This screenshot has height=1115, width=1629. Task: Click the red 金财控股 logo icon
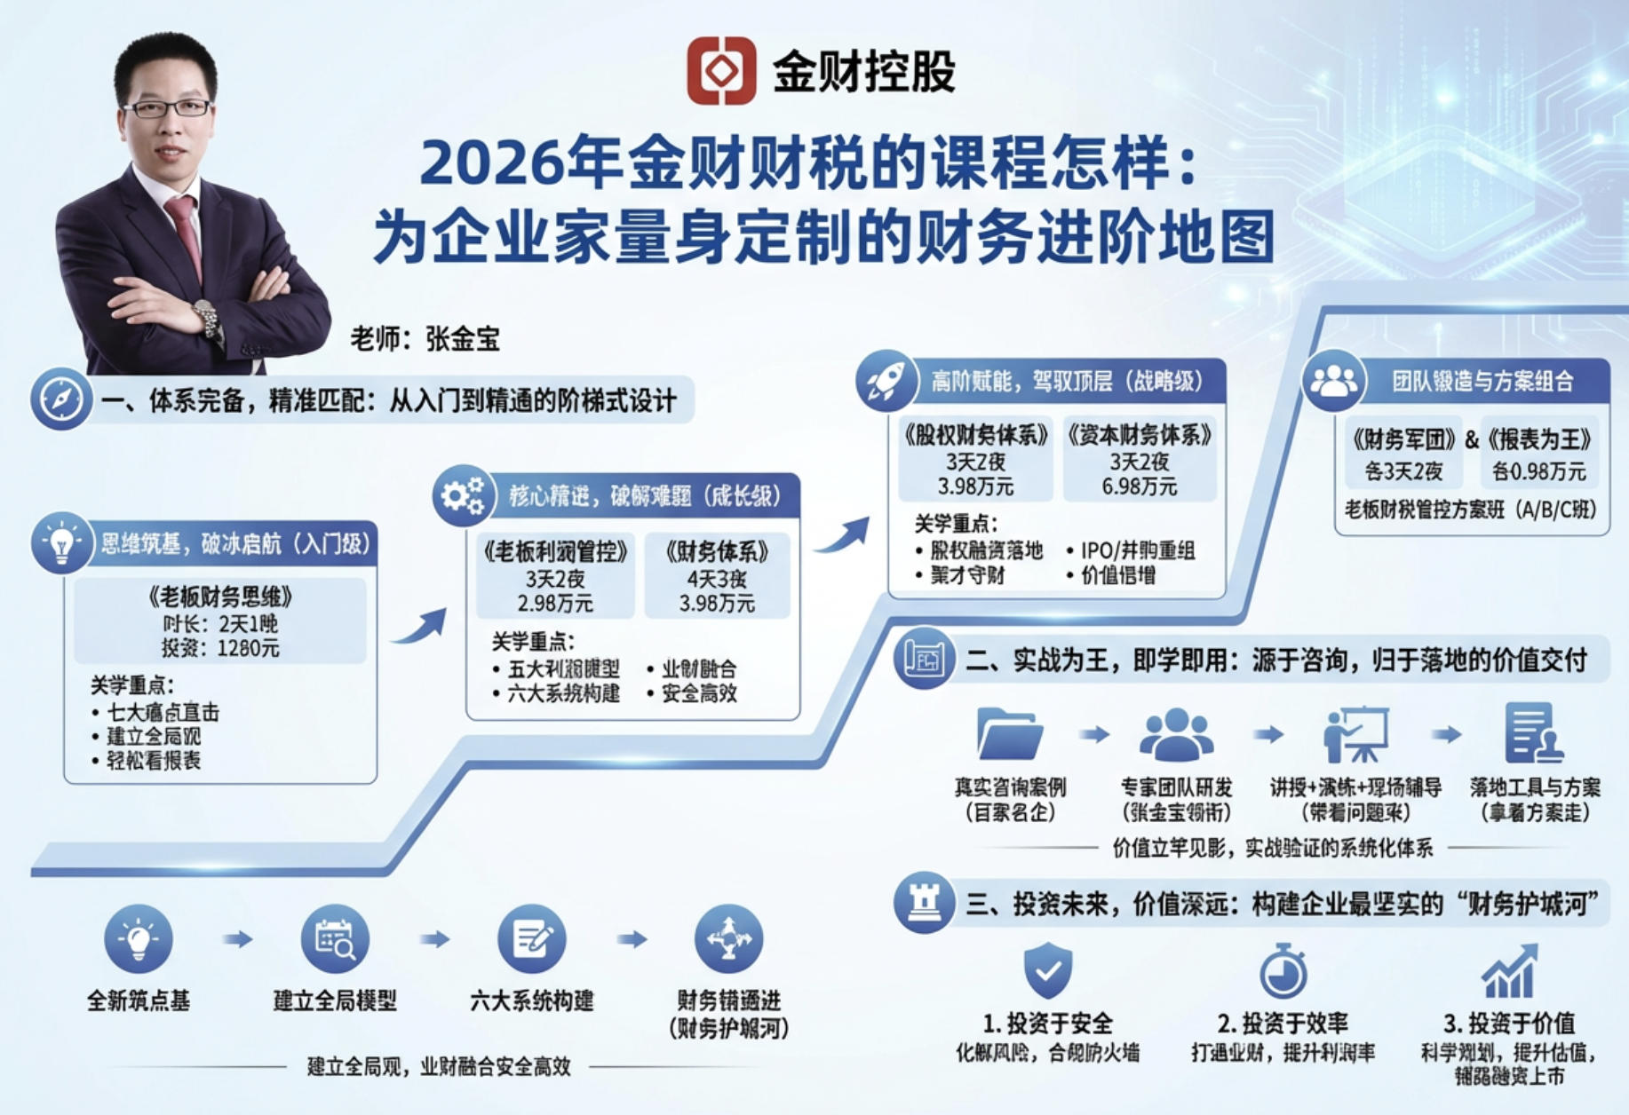tap(720, 71)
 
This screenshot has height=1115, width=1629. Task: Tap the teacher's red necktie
tap(186, 231)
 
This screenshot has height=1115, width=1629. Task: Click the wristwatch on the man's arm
tap(207, 317)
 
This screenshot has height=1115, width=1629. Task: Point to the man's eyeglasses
tap(167, 108)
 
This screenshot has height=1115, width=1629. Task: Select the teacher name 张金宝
tap(463, 339)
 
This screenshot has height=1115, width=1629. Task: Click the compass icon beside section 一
tap(60, 399)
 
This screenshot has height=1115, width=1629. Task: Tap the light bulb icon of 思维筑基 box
tap(61, 542)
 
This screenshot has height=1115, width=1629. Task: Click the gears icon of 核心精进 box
tap(463, 495)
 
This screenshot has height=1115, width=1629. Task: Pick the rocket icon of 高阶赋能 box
tap(885, 382)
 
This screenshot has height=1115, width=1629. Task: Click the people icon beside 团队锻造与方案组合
tap(1333, 382)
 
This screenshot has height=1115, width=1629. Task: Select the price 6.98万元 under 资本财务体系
tap(1140, 486)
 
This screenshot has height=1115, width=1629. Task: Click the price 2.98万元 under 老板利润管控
tap(555, 604)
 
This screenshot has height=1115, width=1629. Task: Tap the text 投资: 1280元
tap(220, 648)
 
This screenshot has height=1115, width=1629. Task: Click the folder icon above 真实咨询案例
tap(1010, 733)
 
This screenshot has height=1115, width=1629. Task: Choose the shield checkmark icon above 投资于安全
tap(1048, 970)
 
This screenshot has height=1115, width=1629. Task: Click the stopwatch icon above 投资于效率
tap(1283, 971)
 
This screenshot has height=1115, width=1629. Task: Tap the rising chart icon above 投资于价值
tap(1509, 971)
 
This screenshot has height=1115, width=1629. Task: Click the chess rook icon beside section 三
tap(924, 903)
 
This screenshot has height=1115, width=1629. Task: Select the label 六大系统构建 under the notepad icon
tap(531, 1001)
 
